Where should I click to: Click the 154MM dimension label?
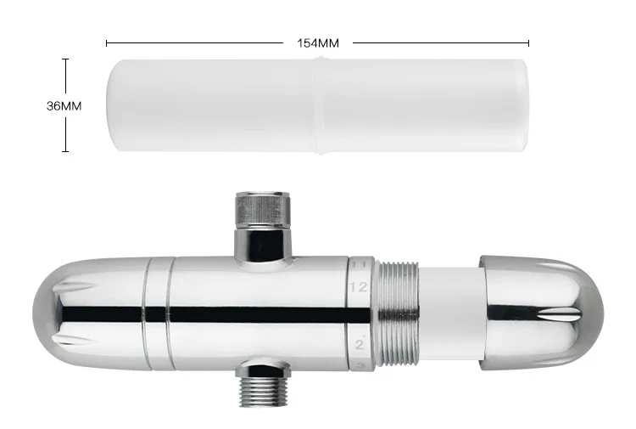coord(318,43)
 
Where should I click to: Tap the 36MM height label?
coord(64,106)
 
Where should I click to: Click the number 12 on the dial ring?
coord(358,287)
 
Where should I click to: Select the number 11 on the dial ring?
coord(359,264)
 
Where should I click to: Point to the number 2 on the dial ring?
coord(360,345)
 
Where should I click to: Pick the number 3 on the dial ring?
coord(360,365)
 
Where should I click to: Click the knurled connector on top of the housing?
coord(263,210)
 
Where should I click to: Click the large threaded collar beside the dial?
coord(398,313)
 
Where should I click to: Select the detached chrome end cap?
coord(542,313)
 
